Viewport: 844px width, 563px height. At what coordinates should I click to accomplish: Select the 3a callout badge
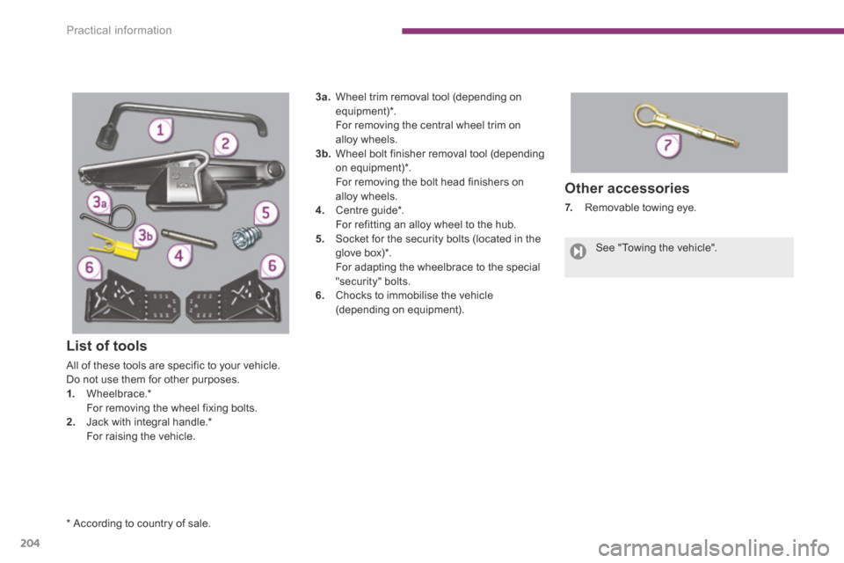(100, 203)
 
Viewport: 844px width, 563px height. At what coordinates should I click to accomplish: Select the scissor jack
(185, 176)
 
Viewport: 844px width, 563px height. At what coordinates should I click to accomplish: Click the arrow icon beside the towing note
(578, 251)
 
